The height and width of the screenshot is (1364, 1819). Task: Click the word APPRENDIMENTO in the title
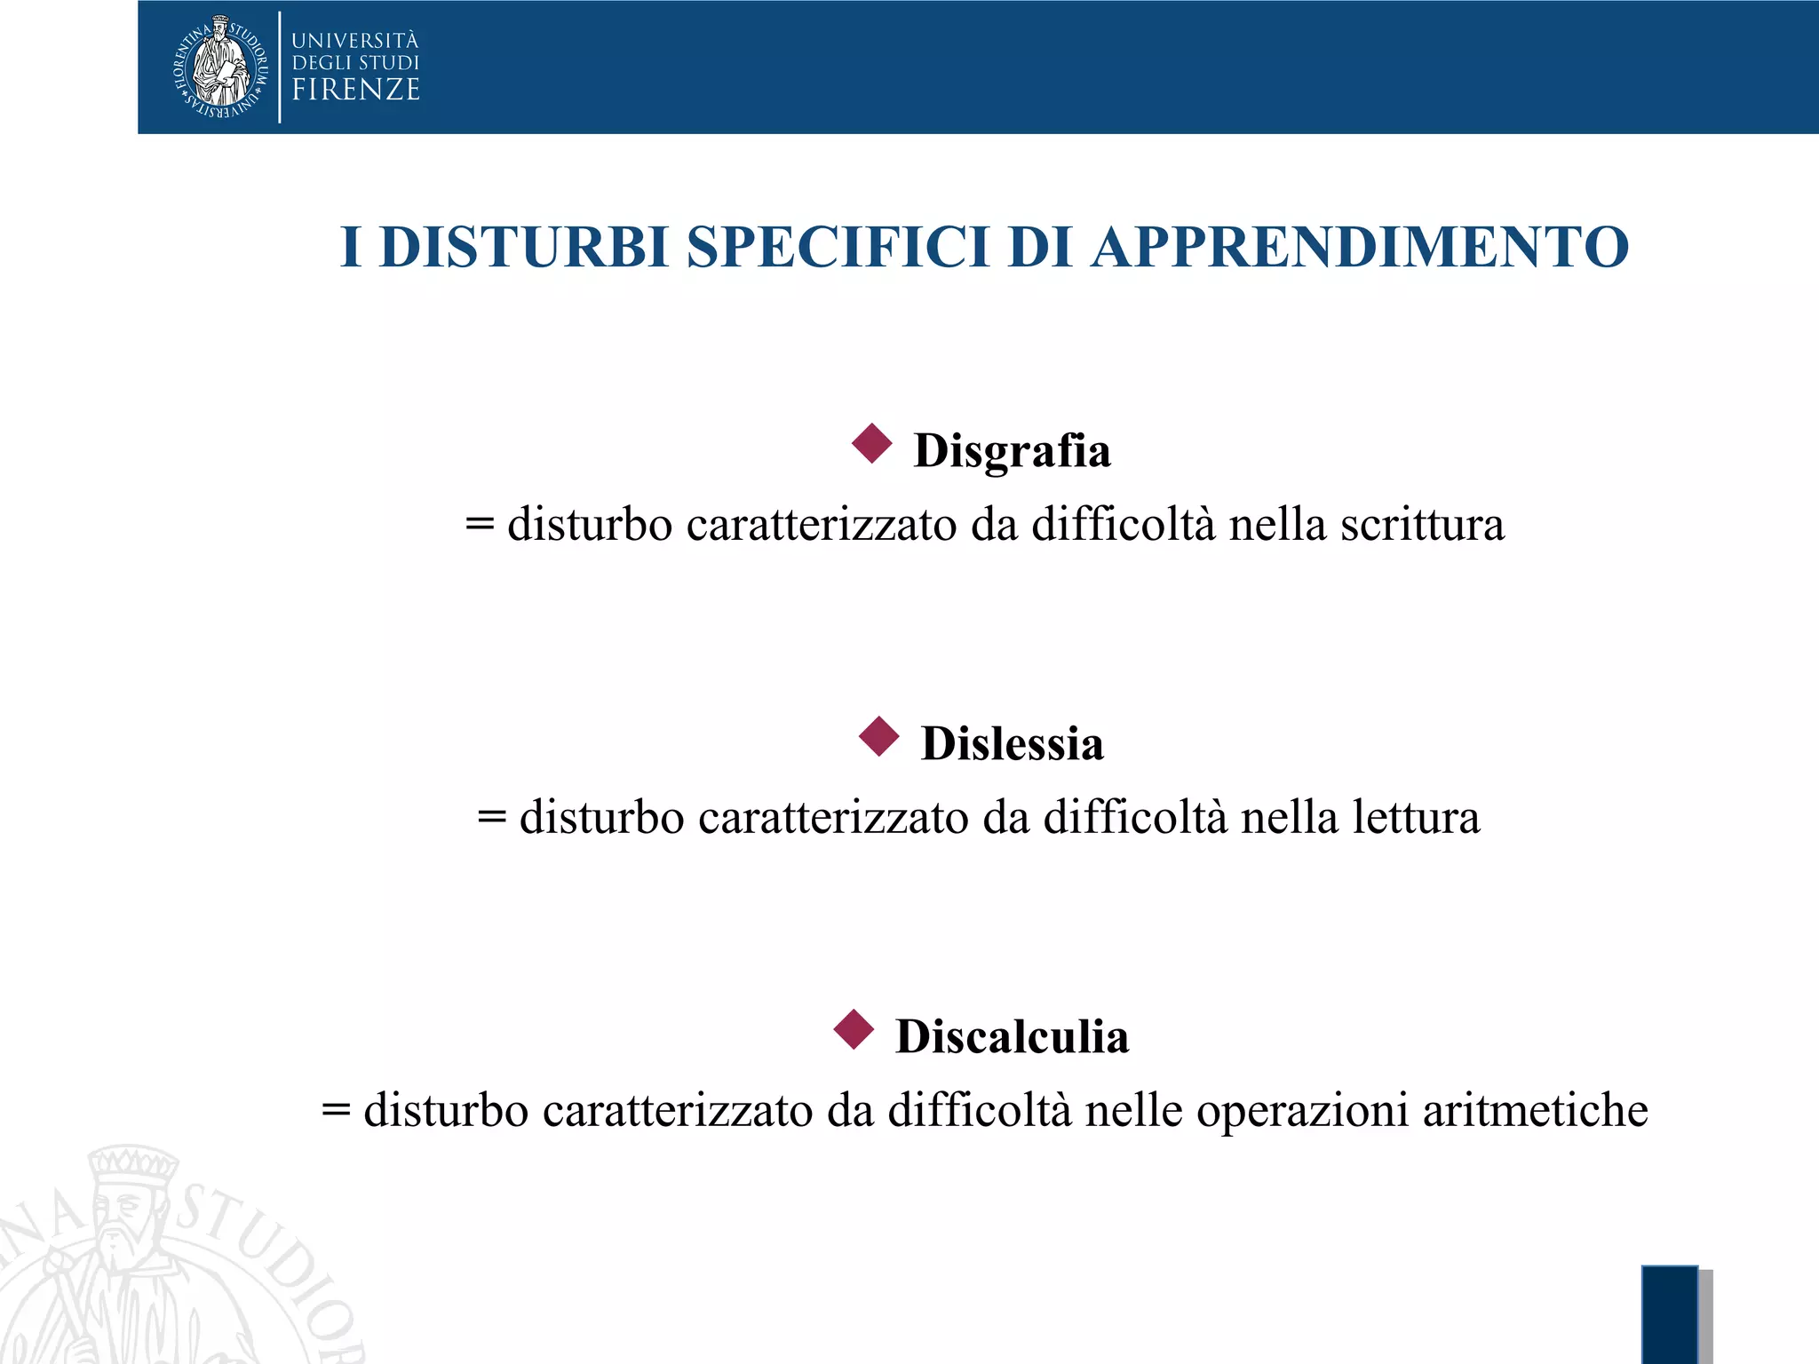point(1360,247)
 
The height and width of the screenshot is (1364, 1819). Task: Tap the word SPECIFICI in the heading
point(838,247)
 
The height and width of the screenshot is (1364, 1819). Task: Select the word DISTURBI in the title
point(523,247)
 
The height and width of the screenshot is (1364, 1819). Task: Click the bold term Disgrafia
point(1012,451)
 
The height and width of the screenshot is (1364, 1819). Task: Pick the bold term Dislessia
point(1013,744)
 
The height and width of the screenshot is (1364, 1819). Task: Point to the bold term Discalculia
point(1012,1037)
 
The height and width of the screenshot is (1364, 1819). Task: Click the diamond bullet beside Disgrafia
point(871,443)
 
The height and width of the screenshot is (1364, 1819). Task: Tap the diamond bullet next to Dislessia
point(879,737)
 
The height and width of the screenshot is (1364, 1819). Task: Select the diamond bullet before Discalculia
point(854,1030)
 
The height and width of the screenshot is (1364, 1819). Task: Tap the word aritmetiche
point(1535,1111)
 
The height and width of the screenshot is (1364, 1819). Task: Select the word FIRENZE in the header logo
point(355,91)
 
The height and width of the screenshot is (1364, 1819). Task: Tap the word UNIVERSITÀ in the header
point(355,41)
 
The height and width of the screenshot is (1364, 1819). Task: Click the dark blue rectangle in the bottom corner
point(1669,1314)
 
